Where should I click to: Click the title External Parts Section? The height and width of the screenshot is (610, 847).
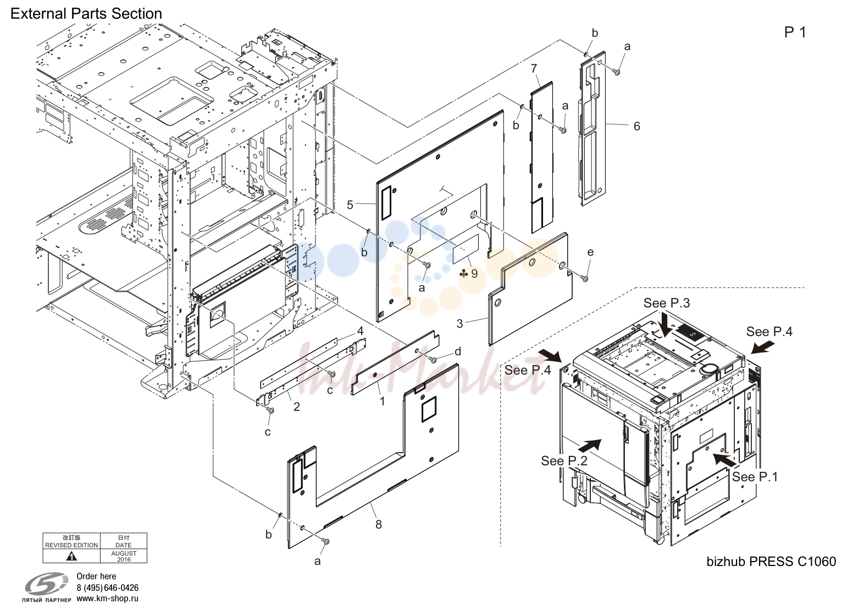(x=86, y=14)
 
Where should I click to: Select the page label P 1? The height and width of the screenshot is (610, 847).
(x=795, y=32)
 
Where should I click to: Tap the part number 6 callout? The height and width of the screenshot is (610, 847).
(x=637, y=127)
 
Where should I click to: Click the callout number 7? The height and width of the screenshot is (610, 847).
(x=534, y=69)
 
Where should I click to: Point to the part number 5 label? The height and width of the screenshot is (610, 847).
(x=350, y=205)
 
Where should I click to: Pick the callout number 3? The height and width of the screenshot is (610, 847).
(x=460, y=323)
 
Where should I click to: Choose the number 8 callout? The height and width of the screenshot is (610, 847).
(x=379, y=525)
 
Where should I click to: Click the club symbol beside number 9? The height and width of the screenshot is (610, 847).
(x=463, y=273)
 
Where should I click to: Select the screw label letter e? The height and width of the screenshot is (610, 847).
(x=590, y=252)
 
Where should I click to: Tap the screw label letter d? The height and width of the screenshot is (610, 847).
(x=458, y=351)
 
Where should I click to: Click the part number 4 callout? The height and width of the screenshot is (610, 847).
(x=361, y=331)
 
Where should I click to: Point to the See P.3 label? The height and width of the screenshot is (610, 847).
(x=667, y=303)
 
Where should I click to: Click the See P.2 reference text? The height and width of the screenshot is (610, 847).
(x=564, y=461)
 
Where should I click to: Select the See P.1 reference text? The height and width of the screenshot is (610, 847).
(x=755, y=477)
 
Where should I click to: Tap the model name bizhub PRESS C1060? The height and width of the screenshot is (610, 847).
(x=771, y=562)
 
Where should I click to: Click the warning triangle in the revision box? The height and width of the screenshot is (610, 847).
(x=71, y=556)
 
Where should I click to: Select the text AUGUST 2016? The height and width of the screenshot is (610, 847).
(x=124, y=556)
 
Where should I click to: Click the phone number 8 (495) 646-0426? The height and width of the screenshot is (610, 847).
(x=108, y=588)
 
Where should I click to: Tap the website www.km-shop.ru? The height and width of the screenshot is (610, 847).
(x=108, y=598)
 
